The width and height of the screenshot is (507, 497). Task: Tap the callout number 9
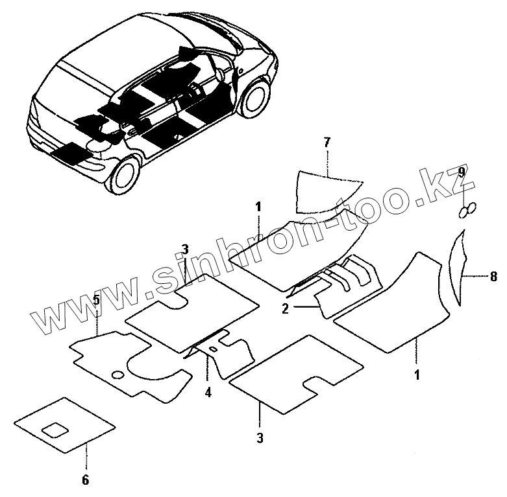click(x=462, y=172)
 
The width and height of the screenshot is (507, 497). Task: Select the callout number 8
click(x=494, y=277)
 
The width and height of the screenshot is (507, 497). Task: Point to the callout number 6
click(x=85, y=480)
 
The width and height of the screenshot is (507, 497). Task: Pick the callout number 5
click(x=96, y=300)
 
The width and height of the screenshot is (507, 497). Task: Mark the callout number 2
click(x=285, y=308)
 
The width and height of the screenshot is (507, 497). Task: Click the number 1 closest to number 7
click(x=258, y=207)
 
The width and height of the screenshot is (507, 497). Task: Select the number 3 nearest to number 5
click(x=185, y=249)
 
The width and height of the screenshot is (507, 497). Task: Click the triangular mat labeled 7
click(x=325, y=191)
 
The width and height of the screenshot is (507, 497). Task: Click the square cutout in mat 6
click(x=55, y=428)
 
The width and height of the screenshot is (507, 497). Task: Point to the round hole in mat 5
click(x=117, y=375)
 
